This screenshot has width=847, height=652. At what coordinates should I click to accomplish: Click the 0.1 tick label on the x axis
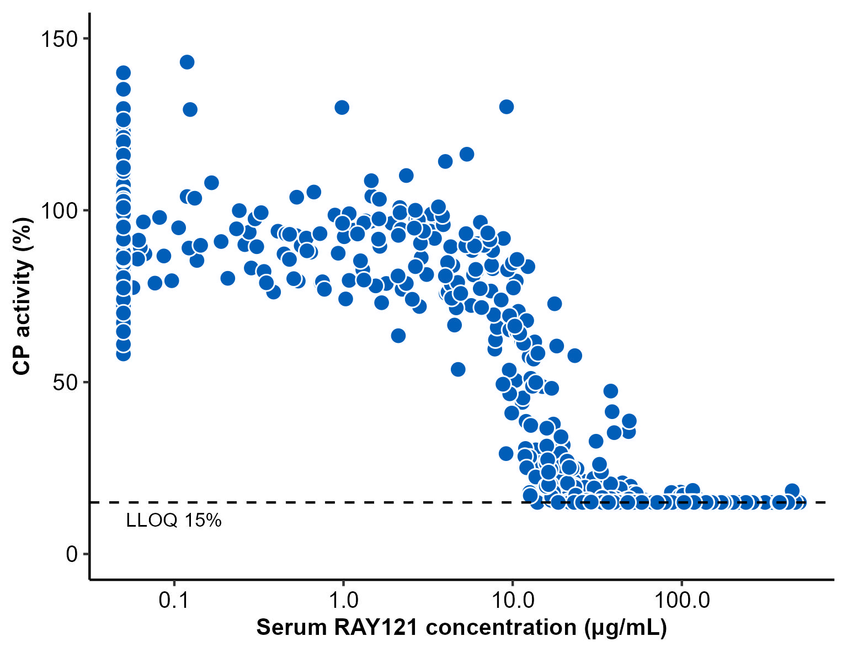pyautogui.click(x=174, y=600)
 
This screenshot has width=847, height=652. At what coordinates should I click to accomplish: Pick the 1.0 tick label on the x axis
pyautogui.click(x=343, y=600)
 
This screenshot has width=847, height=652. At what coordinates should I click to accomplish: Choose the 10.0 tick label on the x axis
pyautogui.click(x=512, y=600)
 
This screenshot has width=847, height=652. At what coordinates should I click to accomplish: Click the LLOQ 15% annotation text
pyautogui.click(x=174, y=520)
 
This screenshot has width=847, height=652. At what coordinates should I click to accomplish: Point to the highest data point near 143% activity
pyautogui.click(x=187, y=62)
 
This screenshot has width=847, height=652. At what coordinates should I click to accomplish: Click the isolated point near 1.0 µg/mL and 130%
pyautogui.click(x=342, y=107)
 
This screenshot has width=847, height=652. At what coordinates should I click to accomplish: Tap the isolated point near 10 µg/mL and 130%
pyautogui.click(x=507, y=107)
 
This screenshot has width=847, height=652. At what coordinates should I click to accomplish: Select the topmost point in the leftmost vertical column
pyautogui.click(x=124, y=73)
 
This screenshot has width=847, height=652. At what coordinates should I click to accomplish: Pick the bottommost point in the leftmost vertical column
pyautogui.click(x=124, y=354)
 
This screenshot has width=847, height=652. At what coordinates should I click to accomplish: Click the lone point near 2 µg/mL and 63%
pyautogui.click(x=398, y=335)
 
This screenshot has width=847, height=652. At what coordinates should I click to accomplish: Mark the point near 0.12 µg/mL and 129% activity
pyautogui.click(x=190, y=109)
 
